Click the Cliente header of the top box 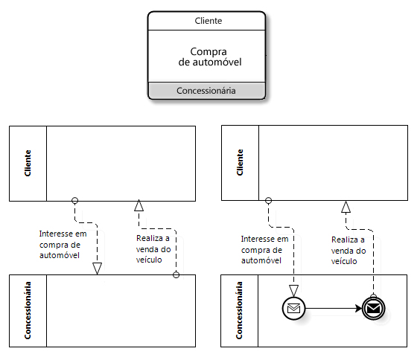click(208, 21)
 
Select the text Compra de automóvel click(210, 57)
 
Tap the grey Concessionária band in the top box click(206, 91)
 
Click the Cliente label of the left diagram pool click(28, 163)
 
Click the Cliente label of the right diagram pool click(240, 162)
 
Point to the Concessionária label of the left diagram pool click(28, 310)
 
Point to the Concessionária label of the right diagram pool click(239, 310)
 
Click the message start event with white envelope click(293, 309)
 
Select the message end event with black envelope click(373, 309)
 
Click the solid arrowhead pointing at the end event click(358, 309)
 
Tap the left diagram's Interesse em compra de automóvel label click(63, 245)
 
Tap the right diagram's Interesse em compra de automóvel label click(264, 249)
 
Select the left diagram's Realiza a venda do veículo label click(153, 248)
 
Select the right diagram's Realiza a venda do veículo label click(349, 251)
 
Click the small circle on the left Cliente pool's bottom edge click(75, 201)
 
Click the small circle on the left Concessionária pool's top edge click(176, 274)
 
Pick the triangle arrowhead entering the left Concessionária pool click(97, 269)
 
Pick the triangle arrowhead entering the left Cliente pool click(139, 205)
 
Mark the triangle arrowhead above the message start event click(293, 291)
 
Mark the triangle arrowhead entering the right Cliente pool click(346, 207)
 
